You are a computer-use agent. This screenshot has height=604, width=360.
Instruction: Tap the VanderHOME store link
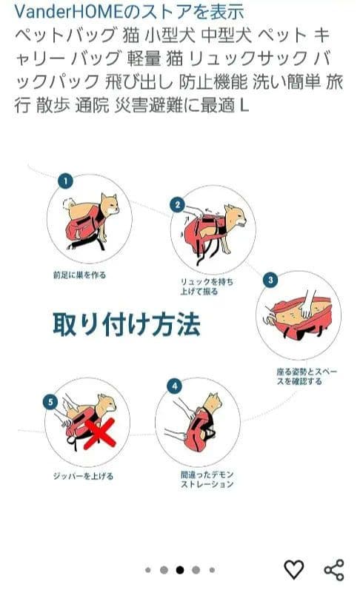point(129,12)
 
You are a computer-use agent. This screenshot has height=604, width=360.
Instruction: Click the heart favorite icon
point(294,569)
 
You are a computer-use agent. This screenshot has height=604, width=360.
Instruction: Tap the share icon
point(334,570)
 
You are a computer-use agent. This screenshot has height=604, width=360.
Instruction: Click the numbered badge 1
point(65,181)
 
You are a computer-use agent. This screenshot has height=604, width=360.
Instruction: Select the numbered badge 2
point(177,204)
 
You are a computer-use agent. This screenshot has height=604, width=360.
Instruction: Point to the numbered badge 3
point(270,280)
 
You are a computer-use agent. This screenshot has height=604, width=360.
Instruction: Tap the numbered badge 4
point(175,386)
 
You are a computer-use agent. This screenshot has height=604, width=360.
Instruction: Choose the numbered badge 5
point(50,402)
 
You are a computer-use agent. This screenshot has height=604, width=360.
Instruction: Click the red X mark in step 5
point(100,433)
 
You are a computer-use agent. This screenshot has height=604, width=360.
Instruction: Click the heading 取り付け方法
point(127,324)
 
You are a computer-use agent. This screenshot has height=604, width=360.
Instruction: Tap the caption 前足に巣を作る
point(79,275)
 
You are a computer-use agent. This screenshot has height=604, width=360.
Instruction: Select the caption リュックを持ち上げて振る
point(207,286)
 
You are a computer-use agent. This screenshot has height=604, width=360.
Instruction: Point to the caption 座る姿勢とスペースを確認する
point(307,376)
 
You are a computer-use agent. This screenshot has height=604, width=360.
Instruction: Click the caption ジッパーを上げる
point(83,476)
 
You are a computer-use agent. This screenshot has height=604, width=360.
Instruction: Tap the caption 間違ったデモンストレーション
point(207,479)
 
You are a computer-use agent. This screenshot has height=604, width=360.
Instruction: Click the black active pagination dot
point(180,570)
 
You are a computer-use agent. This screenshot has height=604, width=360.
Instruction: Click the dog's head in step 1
point(109,204)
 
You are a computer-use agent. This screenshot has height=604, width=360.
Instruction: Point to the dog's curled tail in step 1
point(70,203)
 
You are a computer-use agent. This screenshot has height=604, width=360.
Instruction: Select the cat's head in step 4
point(213,402)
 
